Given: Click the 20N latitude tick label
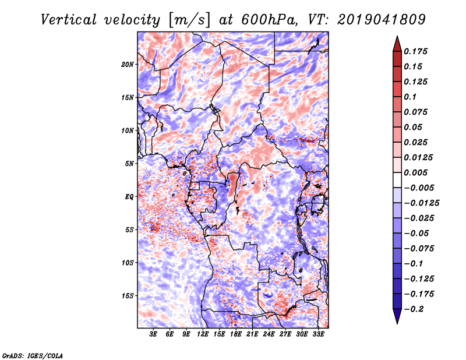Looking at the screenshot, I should (128, 64).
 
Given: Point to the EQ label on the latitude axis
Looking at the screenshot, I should (130, 196).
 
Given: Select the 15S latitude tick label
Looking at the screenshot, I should (128, 295).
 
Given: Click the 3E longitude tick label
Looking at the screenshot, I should (154, 334).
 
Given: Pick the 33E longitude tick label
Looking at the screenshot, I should (318, 334).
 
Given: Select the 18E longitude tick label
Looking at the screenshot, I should (236, 334).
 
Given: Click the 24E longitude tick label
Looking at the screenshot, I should (269, 334).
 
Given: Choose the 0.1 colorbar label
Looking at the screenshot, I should (411, 97).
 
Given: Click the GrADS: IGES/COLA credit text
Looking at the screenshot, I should (32, 354).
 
